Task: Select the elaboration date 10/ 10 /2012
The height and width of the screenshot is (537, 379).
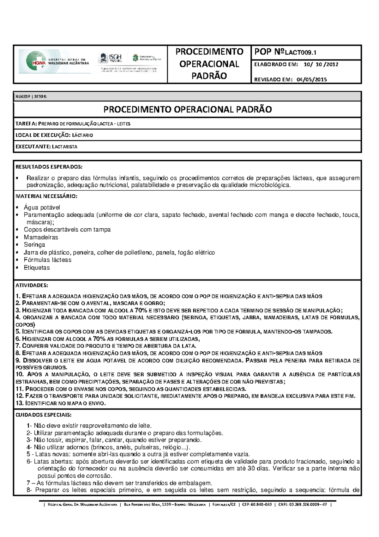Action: (321, 65)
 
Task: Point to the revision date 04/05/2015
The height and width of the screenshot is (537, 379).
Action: (311, 79)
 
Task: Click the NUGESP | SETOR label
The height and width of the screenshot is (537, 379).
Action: (31, 96)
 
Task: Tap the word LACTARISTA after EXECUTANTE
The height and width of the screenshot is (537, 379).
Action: (64, 147)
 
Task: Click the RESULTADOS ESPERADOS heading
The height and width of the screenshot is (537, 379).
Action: (49, 167)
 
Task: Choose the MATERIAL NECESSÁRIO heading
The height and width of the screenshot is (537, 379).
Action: (46, 196)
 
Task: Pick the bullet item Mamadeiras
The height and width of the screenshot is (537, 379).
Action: (41, 237)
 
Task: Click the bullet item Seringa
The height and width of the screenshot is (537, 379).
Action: (34, 245)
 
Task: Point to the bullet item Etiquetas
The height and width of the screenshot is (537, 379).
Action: (37, 268)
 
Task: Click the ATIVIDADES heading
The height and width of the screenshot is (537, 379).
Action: (32, 285)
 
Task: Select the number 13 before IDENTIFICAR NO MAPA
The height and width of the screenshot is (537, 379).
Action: (19, 403)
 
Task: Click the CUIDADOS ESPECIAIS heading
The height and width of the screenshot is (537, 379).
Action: (44, 415)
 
